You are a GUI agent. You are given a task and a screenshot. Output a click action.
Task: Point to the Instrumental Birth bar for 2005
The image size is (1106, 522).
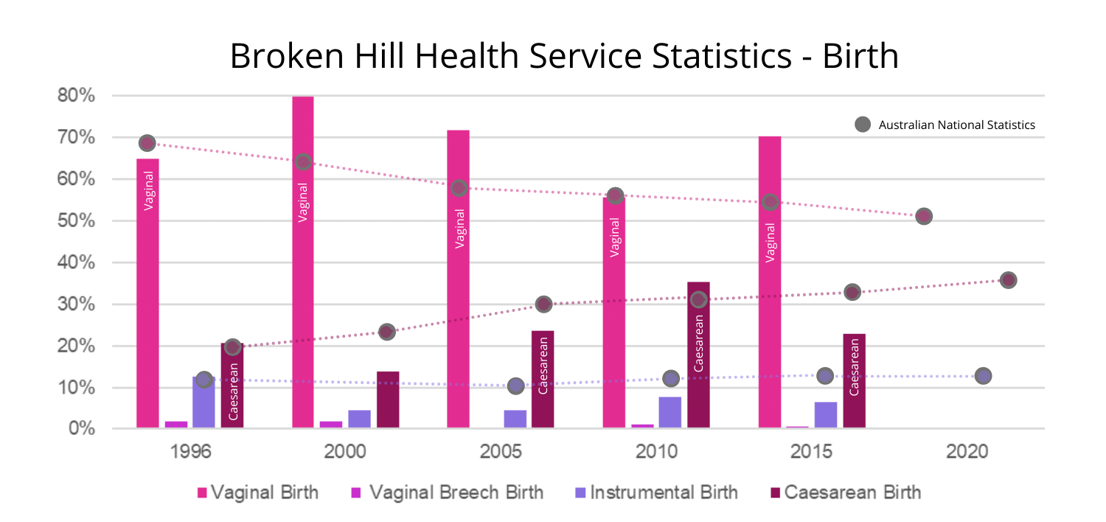click(x=515, y=419)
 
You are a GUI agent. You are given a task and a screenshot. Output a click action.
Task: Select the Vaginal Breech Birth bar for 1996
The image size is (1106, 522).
click(x=175, y=425)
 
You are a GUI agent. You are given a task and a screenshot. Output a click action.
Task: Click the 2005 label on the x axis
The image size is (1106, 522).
click(x=501, y=451)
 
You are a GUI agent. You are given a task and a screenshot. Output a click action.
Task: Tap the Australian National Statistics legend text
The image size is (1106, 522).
click(x=956, y=125)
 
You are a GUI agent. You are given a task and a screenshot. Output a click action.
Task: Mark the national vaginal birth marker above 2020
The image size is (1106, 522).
click(x=923, y=216)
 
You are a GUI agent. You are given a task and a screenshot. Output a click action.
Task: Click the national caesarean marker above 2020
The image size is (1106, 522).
click(x=1008, y=280)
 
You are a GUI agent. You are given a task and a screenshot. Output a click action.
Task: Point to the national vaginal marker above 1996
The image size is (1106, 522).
click(x=147, y=143)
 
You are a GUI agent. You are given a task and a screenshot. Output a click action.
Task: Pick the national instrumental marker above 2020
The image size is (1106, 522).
click(x=982, y=376)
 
